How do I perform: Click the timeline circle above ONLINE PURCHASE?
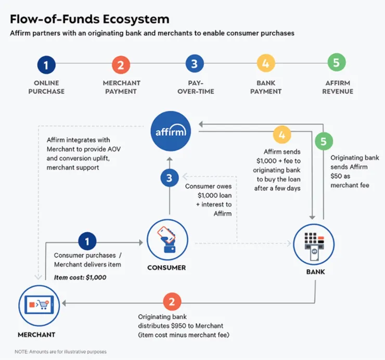[46, 65]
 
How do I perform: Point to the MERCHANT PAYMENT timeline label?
[120, 87]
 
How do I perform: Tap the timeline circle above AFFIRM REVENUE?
[337, 63]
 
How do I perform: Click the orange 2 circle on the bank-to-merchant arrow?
[172, 302]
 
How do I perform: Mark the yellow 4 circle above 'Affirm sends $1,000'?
[282, 135]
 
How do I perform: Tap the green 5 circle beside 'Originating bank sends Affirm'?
[324, 141]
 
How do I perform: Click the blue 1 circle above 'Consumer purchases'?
[87, 241]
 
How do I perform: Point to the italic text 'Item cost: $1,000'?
[80, 277]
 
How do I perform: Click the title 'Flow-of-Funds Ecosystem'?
[90, 19]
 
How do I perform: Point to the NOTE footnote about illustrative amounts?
[60, 352]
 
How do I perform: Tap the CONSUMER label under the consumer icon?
[166, 268]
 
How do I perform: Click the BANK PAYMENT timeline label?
[265, 87]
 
